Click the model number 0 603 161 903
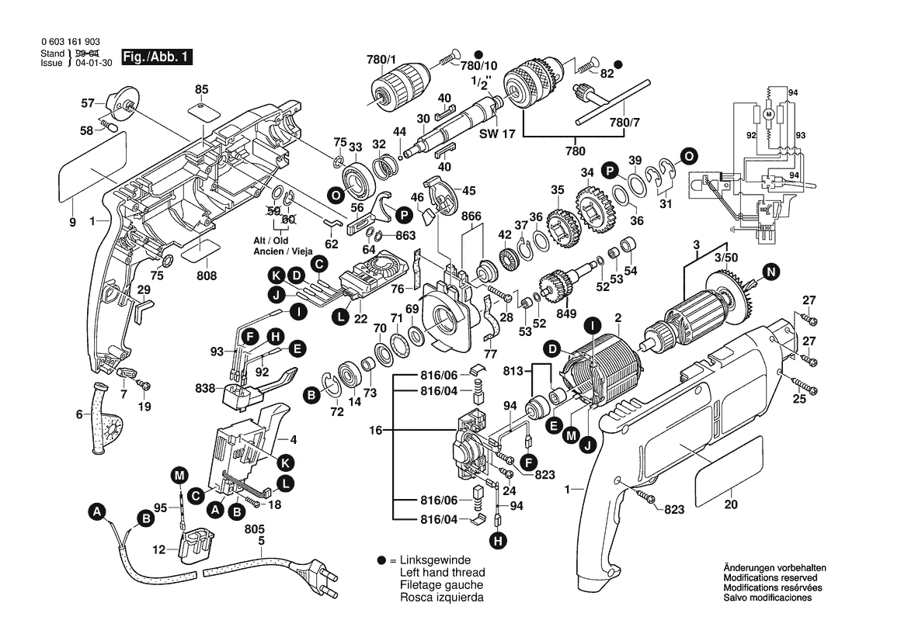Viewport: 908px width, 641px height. pos(69,42)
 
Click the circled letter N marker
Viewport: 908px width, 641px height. pos(770,271)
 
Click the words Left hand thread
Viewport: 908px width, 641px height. pos(440,573)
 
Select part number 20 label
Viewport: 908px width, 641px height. pos(730,504)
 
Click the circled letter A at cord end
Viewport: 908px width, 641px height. pos(97,511)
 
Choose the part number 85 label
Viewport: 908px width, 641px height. pos(202,88)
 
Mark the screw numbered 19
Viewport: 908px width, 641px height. pos(143,385)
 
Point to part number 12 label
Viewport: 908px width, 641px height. pos(159,549)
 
